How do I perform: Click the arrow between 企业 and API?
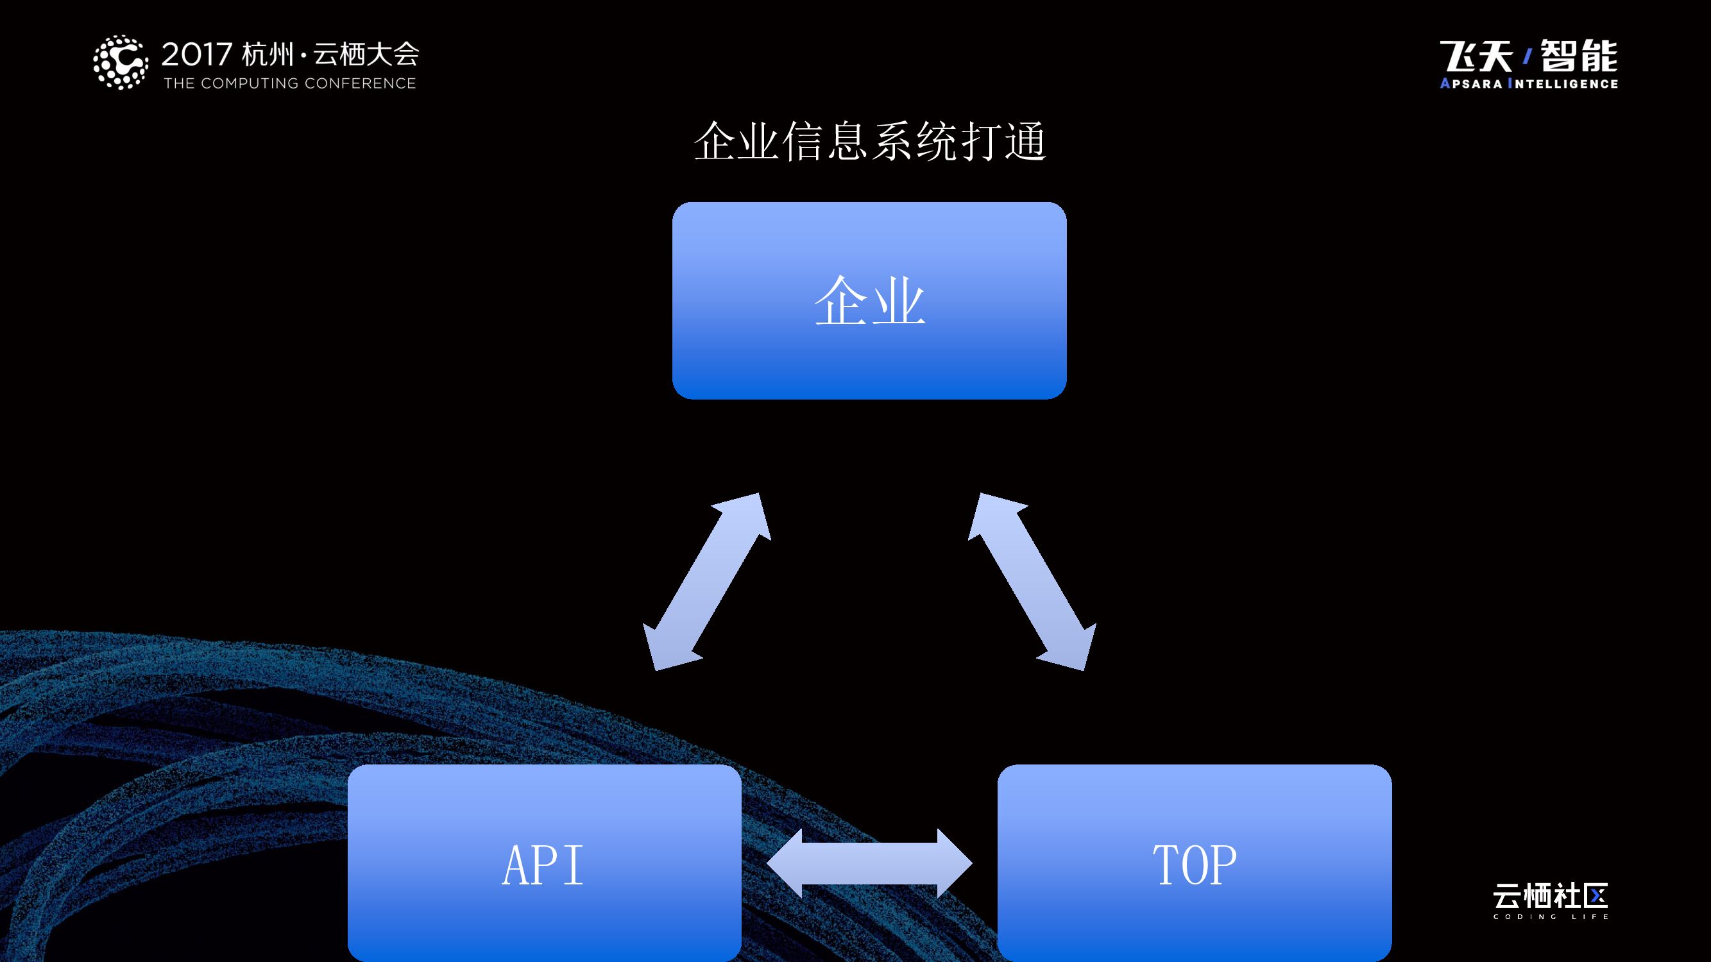click(x=707, y=582)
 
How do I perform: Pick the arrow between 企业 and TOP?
click(x=1032, y=582)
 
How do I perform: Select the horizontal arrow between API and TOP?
click(x=869, y=863)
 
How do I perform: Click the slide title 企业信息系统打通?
click(x=869, y=141)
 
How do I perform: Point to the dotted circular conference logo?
click(x=120, y=62)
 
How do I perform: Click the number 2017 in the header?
click(x=196, y=55)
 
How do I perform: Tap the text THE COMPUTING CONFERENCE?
click(x=289, y=83)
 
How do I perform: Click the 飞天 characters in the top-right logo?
click(x=1476, y=56)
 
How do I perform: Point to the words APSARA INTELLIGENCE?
click(x=1528, y=83)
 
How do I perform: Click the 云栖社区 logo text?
click(x=1550, y=897)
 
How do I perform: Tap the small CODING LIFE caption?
click(x=1550, y=917)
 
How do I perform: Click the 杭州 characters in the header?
click(x=268, y=55)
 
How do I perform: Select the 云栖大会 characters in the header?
click(x=366, y=55)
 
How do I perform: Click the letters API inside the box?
click(x=543, y=865)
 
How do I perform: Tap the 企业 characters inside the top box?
click(x=869, y=301)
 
